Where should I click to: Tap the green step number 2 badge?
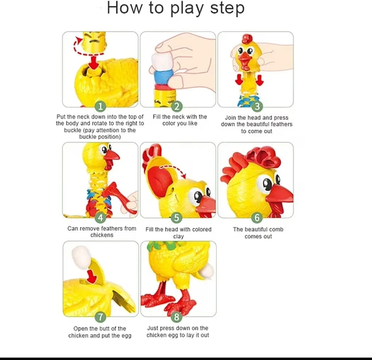point(177,106)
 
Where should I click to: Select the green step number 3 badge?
point(258,106)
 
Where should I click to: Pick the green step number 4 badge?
point(101,217)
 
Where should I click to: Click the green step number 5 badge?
point(177,217)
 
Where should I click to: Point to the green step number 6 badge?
point(258,217)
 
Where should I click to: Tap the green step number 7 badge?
point(101,317)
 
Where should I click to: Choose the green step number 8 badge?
point(177,317)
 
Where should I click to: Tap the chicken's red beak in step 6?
point(280,197)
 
